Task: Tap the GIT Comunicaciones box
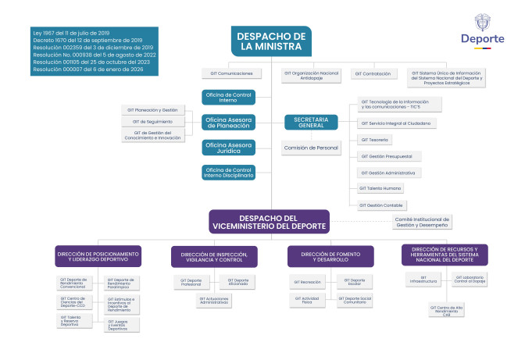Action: point(232,73)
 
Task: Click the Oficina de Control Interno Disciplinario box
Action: point(229,173)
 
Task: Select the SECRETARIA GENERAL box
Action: point(310,122)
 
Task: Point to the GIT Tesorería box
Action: point(375,139)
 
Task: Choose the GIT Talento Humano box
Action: point(380,188)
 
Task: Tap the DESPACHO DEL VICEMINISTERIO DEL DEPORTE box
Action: point(269,221)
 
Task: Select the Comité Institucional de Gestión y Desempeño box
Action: point(423,222)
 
